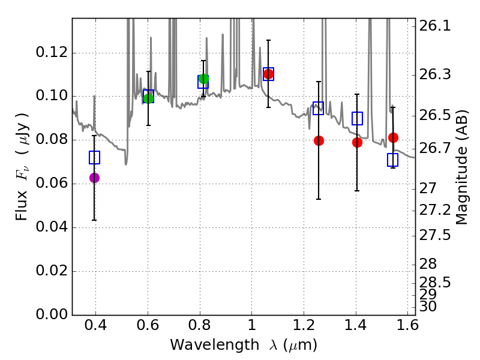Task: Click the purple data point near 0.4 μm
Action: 94,178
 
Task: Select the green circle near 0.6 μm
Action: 148,98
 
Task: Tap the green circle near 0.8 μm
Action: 203,79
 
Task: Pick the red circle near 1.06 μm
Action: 268,74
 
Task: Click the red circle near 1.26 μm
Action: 319,141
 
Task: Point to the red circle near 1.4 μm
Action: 357,142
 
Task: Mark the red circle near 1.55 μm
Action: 393,138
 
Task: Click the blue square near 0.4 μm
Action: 94,157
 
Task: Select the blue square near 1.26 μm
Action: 319,109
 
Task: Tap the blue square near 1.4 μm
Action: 357,118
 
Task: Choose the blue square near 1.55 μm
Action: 392,160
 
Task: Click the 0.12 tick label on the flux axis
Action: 52,52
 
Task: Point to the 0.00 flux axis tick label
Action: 52,314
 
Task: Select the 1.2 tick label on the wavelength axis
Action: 304,325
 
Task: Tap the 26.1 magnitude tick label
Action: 435,26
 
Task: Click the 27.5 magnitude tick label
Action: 435,235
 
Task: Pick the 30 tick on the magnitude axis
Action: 428,306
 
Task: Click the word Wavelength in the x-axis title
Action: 215,345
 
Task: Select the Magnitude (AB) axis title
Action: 462,167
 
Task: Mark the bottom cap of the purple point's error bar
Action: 94,220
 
